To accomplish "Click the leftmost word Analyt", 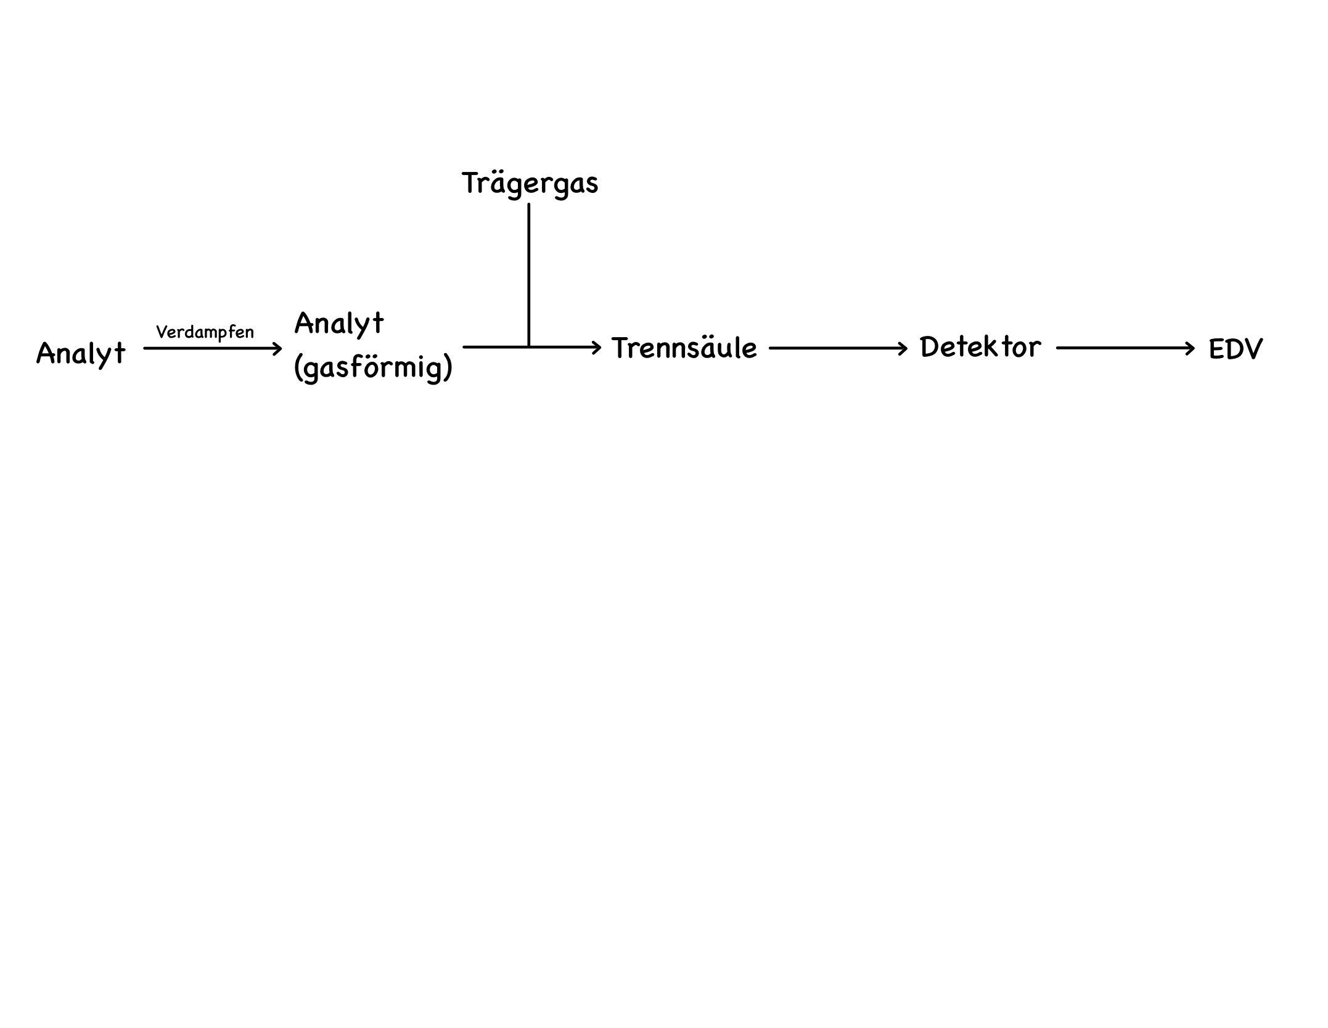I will click(81, 354).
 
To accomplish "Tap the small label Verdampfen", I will click(205, 332).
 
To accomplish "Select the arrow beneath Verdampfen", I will click(211, 349).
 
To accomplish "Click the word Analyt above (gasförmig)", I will click(339, 324).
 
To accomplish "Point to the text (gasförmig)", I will click(374, 368).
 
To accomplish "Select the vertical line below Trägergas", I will click(529, 274).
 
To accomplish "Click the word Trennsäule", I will click(684, 349).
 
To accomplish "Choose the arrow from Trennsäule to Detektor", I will click(838, 349).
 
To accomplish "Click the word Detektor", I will click(980, 348).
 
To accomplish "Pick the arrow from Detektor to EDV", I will click(1125, 348).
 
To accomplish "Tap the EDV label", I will click(1236, 349).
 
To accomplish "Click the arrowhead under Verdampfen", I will click(277, 349).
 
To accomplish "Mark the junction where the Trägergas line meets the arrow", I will click(529, 348).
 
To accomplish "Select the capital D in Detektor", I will click(930, 348).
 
